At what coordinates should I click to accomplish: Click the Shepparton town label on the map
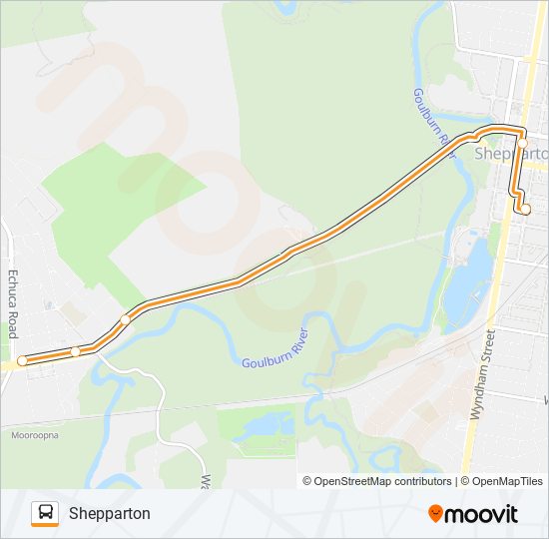coord(511,154)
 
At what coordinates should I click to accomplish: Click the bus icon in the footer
coord(45,513)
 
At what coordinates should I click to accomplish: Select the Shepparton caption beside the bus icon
coord(110,513)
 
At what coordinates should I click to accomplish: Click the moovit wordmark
coord(482,514)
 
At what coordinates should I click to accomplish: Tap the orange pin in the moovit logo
coord(436,514)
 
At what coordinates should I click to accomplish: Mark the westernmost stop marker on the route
coord(22,360)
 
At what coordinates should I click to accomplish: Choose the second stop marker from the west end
coord(75,351)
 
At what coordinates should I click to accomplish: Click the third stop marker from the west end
coord(125,320)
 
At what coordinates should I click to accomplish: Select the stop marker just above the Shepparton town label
coord(522,143)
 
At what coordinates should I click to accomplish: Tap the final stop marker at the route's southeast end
coord(526,209)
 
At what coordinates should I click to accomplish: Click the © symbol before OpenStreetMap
coord(307,481)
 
